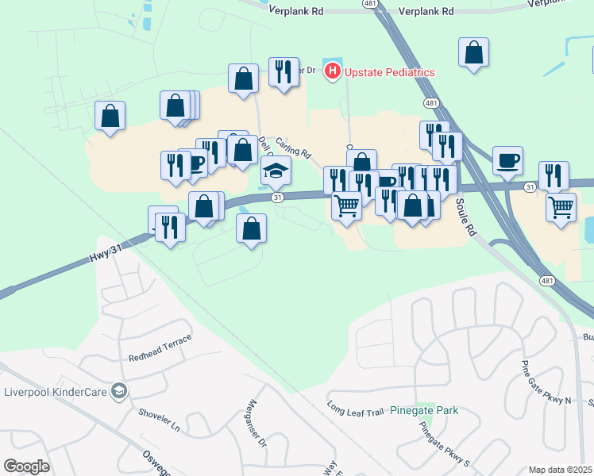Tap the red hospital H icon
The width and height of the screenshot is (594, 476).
[332, 71]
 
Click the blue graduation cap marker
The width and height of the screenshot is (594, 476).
[276, 171]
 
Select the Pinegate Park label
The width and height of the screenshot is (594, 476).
[430, 411]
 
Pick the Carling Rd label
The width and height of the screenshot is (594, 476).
[293, 147]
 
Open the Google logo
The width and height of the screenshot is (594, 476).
[26, 466]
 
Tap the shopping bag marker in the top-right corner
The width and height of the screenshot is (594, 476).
[473, 53]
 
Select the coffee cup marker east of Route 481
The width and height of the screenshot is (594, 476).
[507, 161]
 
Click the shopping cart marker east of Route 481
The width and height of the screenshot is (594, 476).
[561, 207]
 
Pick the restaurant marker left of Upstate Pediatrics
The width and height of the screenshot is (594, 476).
[283, 72]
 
